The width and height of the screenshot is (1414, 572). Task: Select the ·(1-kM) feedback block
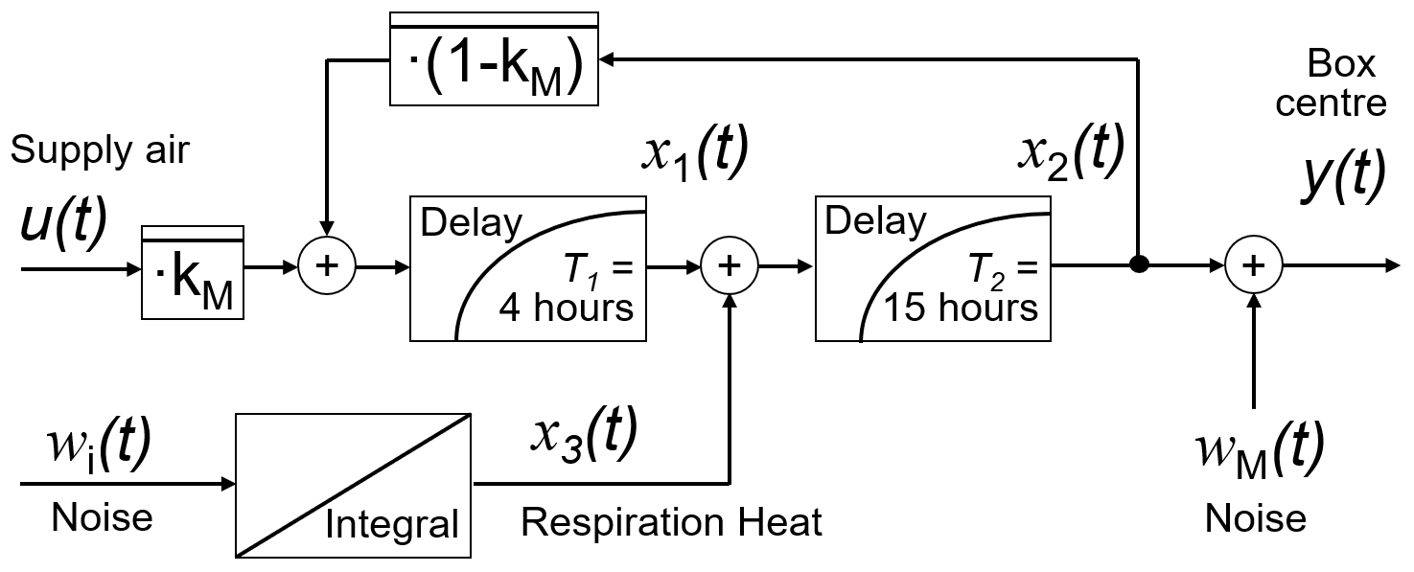[494, 58]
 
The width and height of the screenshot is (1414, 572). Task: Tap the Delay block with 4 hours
[528, 268]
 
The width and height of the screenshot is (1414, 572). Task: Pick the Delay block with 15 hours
[933, 268]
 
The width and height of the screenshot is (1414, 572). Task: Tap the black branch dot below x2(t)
[1138, 265]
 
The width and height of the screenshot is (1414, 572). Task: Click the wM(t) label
[1259, 446]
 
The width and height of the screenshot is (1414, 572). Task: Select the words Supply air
[101, 150]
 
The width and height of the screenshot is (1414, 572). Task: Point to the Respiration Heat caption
[671, 523]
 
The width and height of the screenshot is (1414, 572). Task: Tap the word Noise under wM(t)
[1255, 519]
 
